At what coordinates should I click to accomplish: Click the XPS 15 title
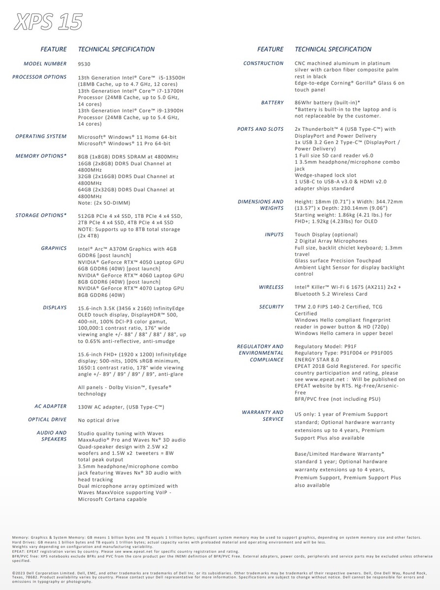pos(48,22)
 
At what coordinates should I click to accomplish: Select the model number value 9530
pos(84,64)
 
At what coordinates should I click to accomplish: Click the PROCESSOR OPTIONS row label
pos(39,77)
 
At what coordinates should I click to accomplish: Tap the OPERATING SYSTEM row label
pos(41,136)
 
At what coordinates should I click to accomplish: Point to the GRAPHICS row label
pos(54,248)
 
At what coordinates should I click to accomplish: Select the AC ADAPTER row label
pos(50,407)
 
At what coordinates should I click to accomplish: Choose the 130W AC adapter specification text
pos(121,407)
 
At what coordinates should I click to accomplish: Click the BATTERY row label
pos(272,103)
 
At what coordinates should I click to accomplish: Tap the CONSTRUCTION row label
pos(263,63)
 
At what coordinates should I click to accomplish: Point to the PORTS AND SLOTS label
pos(260,129)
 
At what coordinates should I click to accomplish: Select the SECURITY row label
pos(271,307)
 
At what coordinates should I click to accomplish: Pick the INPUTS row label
pos(274,235)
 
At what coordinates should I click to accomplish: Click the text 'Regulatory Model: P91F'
pos(326,347)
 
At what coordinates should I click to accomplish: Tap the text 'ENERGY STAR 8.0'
pos(318,360)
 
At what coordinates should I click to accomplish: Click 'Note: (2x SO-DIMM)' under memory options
pos(104,203)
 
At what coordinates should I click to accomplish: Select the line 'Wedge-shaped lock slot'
pos(325,175)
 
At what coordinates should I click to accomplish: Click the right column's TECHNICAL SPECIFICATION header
pos(333,49)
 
